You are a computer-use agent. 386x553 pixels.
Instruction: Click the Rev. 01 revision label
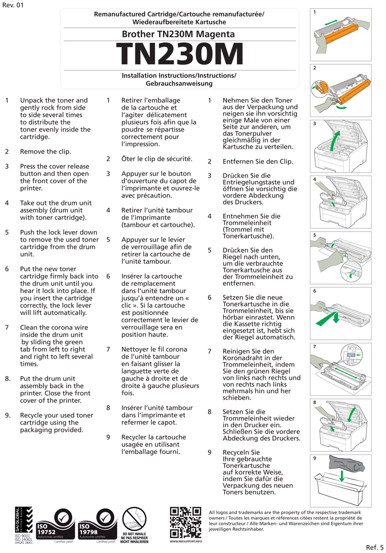[x=12, y=5]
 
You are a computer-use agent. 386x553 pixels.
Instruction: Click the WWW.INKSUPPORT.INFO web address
[x=185, y=542]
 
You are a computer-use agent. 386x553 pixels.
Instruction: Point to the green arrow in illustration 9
[x=341, y=475]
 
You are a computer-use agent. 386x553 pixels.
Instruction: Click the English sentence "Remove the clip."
[x=45, y=152]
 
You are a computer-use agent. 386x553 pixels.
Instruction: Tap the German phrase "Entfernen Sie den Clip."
[x=258, y=161]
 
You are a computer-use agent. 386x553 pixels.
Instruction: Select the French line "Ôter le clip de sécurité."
[x=156, y=159]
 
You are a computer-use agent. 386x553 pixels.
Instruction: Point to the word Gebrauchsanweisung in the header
[x=179, y=83]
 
